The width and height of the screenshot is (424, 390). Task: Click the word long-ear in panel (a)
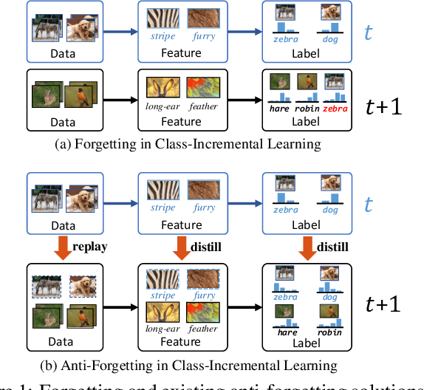162,108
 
